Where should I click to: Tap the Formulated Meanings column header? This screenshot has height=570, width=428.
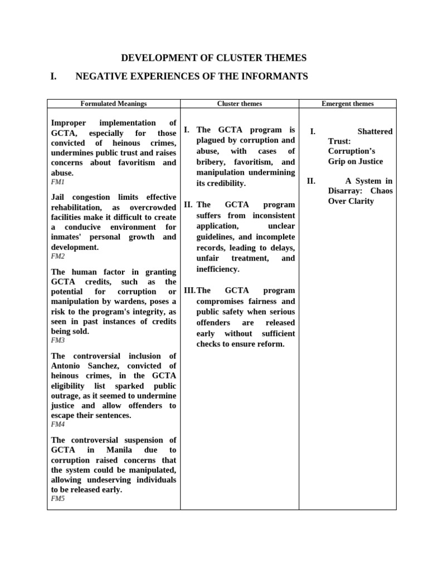(x=114, y=104)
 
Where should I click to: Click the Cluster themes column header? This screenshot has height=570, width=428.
(x=239, y=104)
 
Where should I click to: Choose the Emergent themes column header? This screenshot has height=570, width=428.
(x=348, y=104)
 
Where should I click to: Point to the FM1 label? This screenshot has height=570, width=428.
(x=58, y=182)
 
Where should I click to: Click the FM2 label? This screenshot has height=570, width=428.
(x=58, y=256)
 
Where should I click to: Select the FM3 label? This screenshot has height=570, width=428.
(x=58, y=340)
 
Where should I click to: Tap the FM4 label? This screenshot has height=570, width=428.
(x=58, y=424)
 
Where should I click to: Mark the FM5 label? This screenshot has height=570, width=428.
(x=58, y=499)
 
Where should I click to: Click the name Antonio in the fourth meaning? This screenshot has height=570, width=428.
(x=67, y=366)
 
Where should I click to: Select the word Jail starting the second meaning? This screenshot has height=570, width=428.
(x=60, y=197)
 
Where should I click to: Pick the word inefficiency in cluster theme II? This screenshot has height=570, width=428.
(x=218, y=269)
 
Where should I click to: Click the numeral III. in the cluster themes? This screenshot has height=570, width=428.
(x=189, y=291)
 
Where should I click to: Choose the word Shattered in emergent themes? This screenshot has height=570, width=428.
(x=374, y=131)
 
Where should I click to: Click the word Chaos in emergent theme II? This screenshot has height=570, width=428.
(x=381, y=191)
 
